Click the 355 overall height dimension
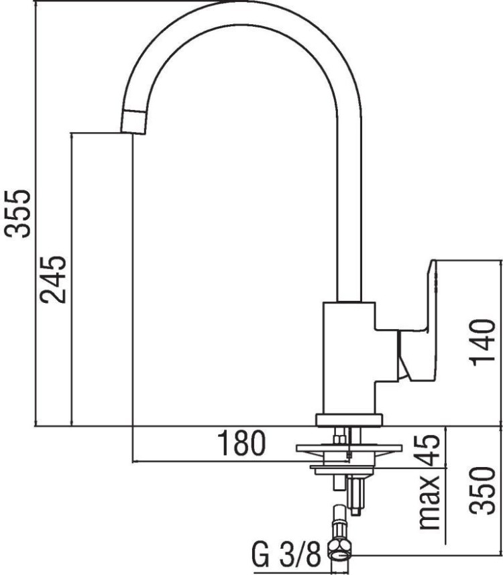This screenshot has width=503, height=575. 17,214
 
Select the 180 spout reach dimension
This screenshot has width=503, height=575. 241,442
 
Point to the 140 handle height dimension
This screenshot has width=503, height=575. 482,342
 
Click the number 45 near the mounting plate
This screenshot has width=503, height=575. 427,450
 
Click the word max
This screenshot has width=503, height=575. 429,503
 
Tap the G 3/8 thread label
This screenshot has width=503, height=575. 286,554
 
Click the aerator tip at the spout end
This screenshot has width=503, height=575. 134,122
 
